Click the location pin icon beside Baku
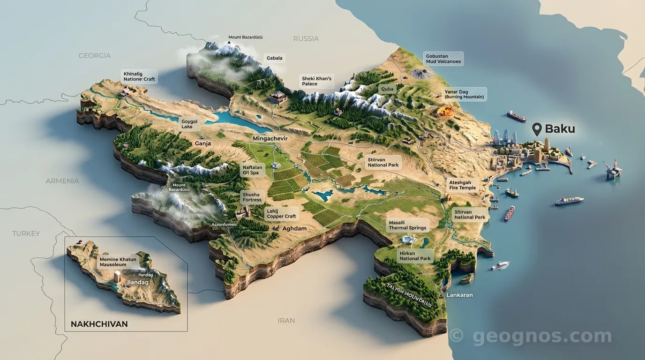point(537,129)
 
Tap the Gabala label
point(274,58)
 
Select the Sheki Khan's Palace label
point(316,81)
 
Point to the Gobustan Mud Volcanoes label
point(443,59)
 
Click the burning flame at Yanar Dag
point(443,111)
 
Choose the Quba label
point(388,89)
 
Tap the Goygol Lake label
point(189,124)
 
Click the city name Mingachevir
point(270,139)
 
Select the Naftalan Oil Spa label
point(252,170)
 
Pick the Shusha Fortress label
point(252,197)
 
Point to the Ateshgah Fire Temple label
point(462,185)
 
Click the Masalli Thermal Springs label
point(407,225)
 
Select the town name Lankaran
point(459,295)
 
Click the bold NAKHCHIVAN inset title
point(99,324)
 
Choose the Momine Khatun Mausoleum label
point(118,262)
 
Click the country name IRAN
point(286,321)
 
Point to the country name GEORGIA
point(95,55)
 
